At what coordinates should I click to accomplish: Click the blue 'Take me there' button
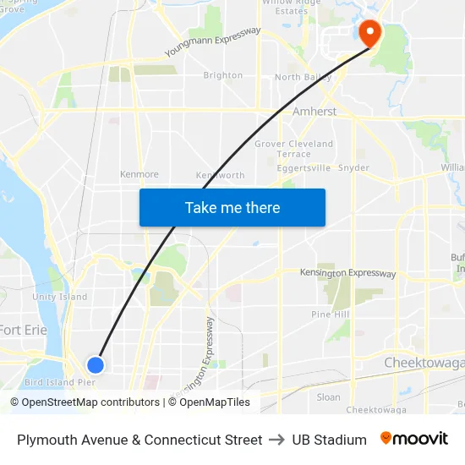[232, 207]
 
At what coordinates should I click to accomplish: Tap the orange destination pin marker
[369, 32]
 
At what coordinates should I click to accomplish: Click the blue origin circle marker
[96, 364]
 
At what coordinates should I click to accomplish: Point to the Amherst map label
[315, 112]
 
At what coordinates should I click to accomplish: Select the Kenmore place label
[139, 174]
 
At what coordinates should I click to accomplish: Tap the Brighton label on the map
[223, 75]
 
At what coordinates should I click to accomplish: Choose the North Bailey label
[302, 78]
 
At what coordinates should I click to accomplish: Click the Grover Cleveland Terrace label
[294, 149]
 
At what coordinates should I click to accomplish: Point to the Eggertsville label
[303, 168]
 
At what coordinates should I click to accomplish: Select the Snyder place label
[353, 168]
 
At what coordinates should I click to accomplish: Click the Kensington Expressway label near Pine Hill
[348, 273]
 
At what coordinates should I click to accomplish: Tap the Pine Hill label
[330, 315]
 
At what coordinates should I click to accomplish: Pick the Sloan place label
[328, 397]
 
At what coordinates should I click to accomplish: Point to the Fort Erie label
[23, 330]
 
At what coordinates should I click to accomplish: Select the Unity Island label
[60, 297]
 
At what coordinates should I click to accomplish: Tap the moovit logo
[414, 439]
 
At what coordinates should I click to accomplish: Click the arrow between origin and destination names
[277, 440]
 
